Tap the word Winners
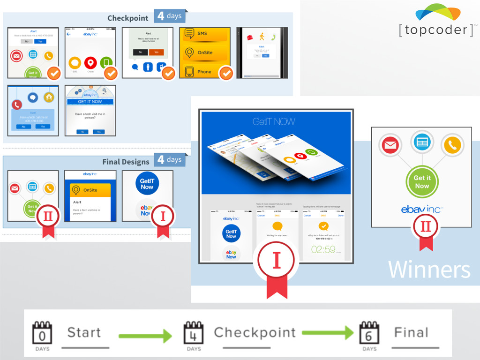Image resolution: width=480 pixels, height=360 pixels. pyautogui.click(x=429, y=270)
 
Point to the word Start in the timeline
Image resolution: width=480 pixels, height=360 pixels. pyautogui.click(x=84, y=333)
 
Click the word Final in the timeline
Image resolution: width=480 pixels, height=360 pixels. pyautogui.click(x=411, y=333)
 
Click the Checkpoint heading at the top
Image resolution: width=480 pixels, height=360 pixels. pyautogui.click(x=127, y=18)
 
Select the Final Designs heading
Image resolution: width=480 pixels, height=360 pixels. pyautogui.click(x=126, y=162)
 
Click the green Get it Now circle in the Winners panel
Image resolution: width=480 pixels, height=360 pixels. pyautogui.click(x=421, y=182)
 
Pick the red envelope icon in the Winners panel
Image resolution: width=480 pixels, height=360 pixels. pyautogui.click(x=390, y=146)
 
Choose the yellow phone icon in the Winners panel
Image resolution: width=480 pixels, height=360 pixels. pyautogui.click(x=452, y=146)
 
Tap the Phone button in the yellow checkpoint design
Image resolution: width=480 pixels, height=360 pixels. pyautogui.click(x=205, y=72)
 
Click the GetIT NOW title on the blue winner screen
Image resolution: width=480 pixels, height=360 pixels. pyautogui.click(x=274, y=122)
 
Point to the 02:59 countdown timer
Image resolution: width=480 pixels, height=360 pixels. pyautogui.click(x=323, y=249)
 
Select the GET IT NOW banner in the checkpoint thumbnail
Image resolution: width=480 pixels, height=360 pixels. pyautogui.click(x=90, y=101)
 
